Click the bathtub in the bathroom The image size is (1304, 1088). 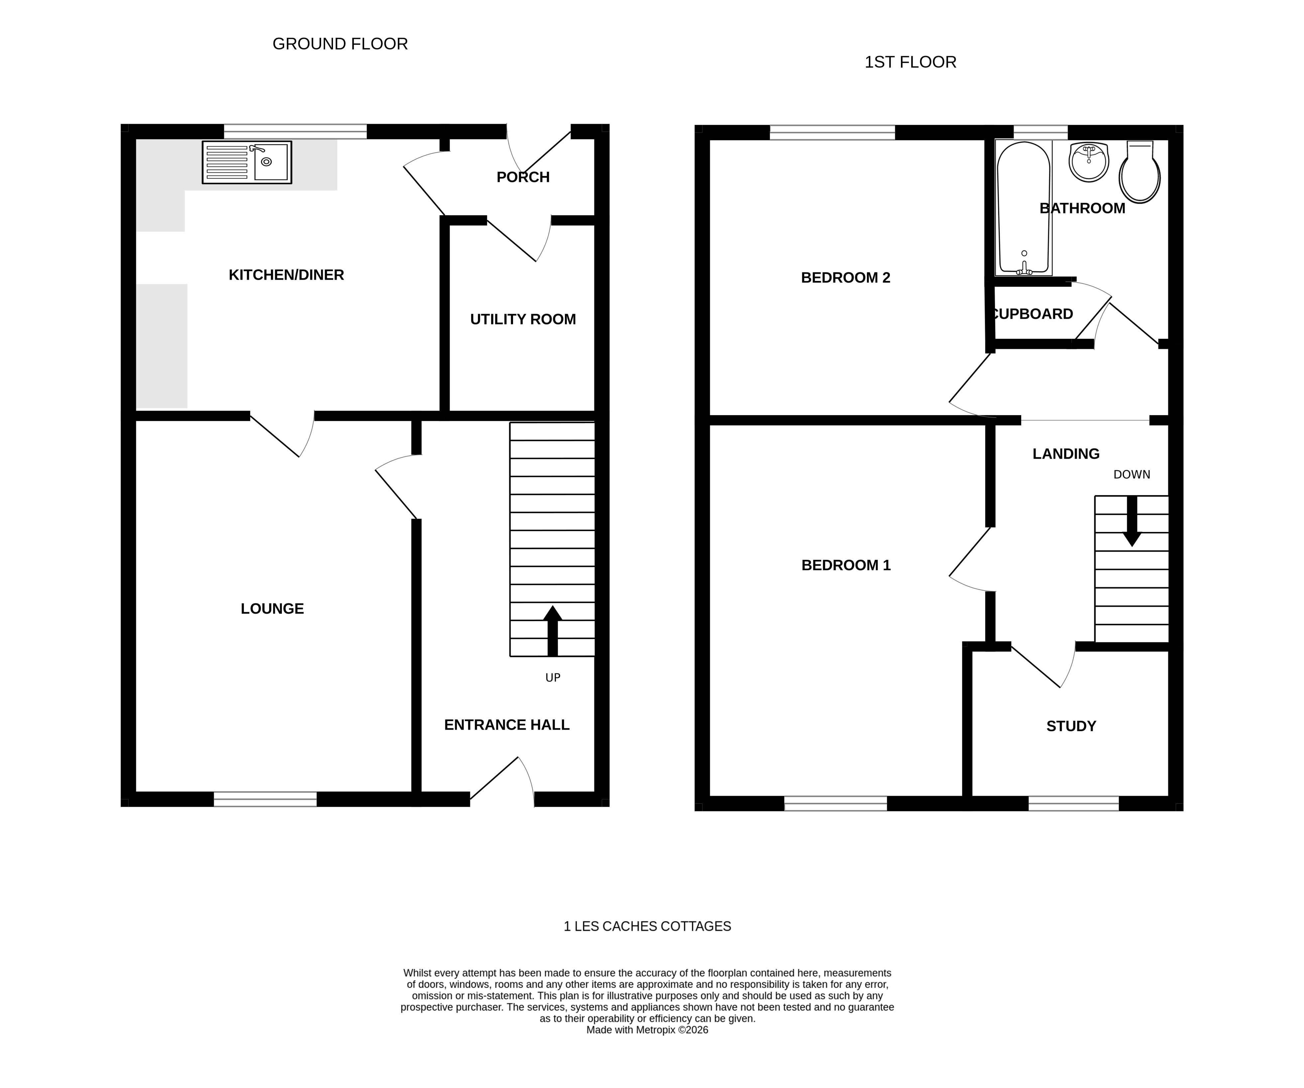click(1023, 208)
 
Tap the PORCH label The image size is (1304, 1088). click(523, 177)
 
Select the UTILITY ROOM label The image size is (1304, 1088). click(523, 319)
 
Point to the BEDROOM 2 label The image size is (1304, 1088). click(845, 277)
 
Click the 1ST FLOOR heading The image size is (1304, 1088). click(910, 62)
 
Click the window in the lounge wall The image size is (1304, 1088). click(265, 799)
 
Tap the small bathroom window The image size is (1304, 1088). click(1040, 132)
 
